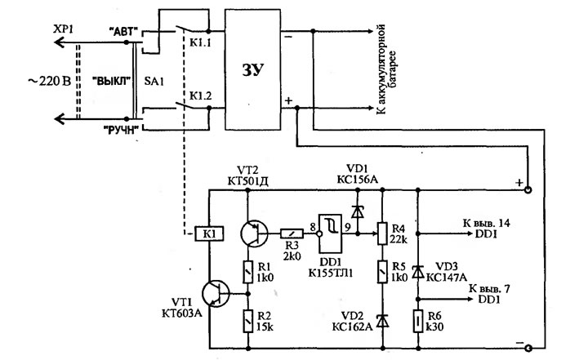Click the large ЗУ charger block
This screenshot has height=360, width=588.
pyautogui.click(x=252, y=70)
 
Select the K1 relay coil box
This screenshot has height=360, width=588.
pyautogui.click(x=209, y=234)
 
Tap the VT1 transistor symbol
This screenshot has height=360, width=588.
pyautogui.click(x=216, y=293)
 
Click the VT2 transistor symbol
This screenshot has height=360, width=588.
pyautogui.click(x=254, y=233)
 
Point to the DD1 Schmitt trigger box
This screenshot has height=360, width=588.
pyautogui.click(x=330, y=234)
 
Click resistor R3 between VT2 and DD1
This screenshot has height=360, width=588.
pyautogui.click(x=292, y=234)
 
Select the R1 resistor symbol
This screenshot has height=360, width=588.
pyautogui.click(x=247, y=272)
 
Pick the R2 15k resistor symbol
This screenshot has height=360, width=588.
pyautogui.click(x=247, y=321)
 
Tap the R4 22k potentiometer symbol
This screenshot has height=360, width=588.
pyautogui.click(x=381, y=233)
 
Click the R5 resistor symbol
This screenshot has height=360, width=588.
pyautogui.click(x=381, y=272)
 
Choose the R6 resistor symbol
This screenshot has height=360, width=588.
pyautogui.click(x=418, y=321)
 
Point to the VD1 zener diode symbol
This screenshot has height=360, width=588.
pyautogui.click(x=358, y=212)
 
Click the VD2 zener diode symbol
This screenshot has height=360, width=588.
pyautogui.click(x=381, y=321)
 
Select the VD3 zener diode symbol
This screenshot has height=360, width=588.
pyautogui.click(x=418, y=272)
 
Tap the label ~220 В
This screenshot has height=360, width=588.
pyautogui.click(x=49, y=81)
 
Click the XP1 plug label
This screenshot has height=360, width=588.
pyautogui.click(x=63, y=29)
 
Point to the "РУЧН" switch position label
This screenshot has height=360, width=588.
pyautogui.click(x=121, y=130)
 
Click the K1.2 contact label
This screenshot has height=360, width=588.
pyautogui.click(x=200, y=96)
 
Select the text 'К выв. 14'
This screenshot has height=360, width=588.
pyautogui.click(x=487, y=223)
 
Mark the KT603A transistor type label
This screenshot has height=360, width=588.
pyautogui.click(x=182, y=313)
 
